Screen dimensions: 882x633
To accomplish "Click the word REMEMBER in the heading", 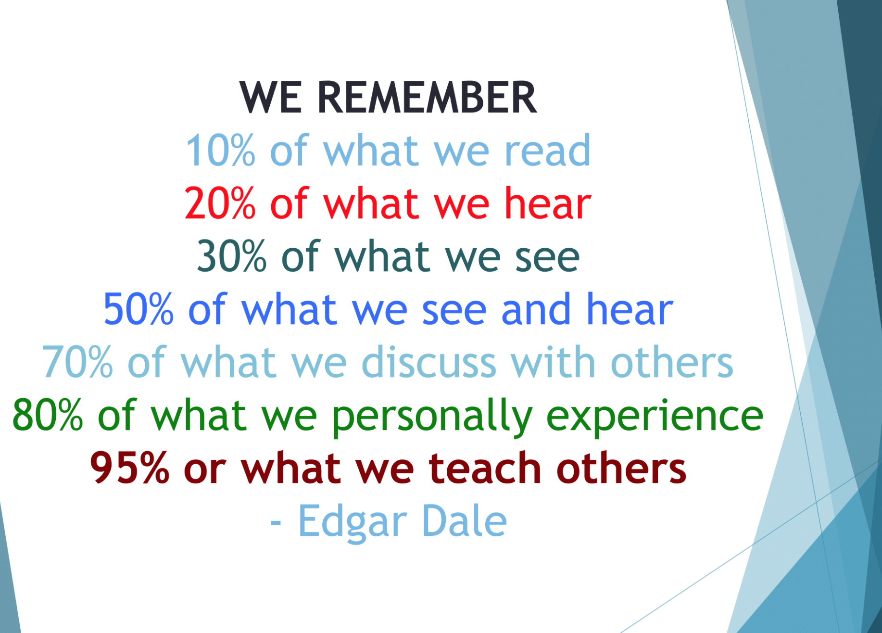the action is pos(427,98).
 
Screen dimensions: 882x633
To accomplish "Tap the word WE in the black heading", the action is pos(271,98).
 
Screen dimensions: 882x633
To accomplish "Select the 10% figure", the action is pos(221,151).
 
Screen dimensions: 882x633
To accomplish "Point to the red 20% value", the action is pos(220,204).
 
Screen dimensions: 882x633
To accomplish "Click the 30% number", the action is pos(232,257).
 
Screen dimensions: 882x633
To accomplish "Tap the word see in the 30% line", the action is pos(547,259).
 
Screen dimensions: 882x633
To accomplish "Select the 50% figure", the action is pos(139,310).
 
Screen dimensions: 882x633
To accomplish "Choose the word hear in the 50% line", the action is pos(630,309).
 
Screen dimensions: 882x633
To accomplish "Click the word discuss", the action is pos(428,362).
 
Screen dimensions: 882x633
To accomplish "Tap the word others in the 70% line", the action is pos(671,362).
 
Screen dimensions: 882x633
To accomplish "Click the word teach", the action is pos(485,468).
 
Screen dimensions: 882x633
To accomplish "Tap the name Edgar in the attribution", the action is pos(353,522).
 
